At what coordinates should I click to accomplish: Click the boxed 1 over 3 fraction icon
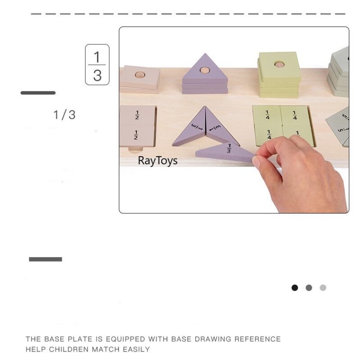tap(97, 65)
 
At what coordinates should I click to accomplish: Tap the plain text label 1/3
tap(64, 115)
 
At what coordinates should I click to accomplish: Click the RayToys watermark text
tap(157, 161)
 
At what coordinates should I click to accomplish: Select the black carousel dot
tap(295, 288)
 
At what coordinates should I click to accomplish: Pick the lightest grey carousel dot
tap(323, 288)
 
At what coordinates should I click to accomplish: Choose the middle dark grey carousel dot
tap(309, 288)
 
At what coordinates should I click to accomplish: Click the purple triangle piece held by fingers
tap(225, 151)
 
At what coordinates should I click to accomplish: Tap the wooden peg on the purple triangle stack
tap(205, 70)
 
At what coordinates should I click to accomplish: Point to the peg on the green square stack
tap(279, 65)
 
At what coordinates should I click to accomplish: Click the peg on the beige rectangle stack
tap(140, 74)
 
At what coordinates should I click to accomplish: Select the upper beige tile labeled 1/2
tap(137, 115)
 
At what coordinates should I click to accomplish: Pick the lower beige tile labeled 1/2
tap(137, 135)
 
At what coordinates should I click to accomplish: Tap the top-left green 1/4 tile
tap(267, 115)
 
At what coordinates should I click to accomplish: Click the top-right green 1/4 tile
tap(295, 115)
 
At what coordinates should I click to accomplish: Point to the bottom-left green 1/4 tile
tap(269, 134)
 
